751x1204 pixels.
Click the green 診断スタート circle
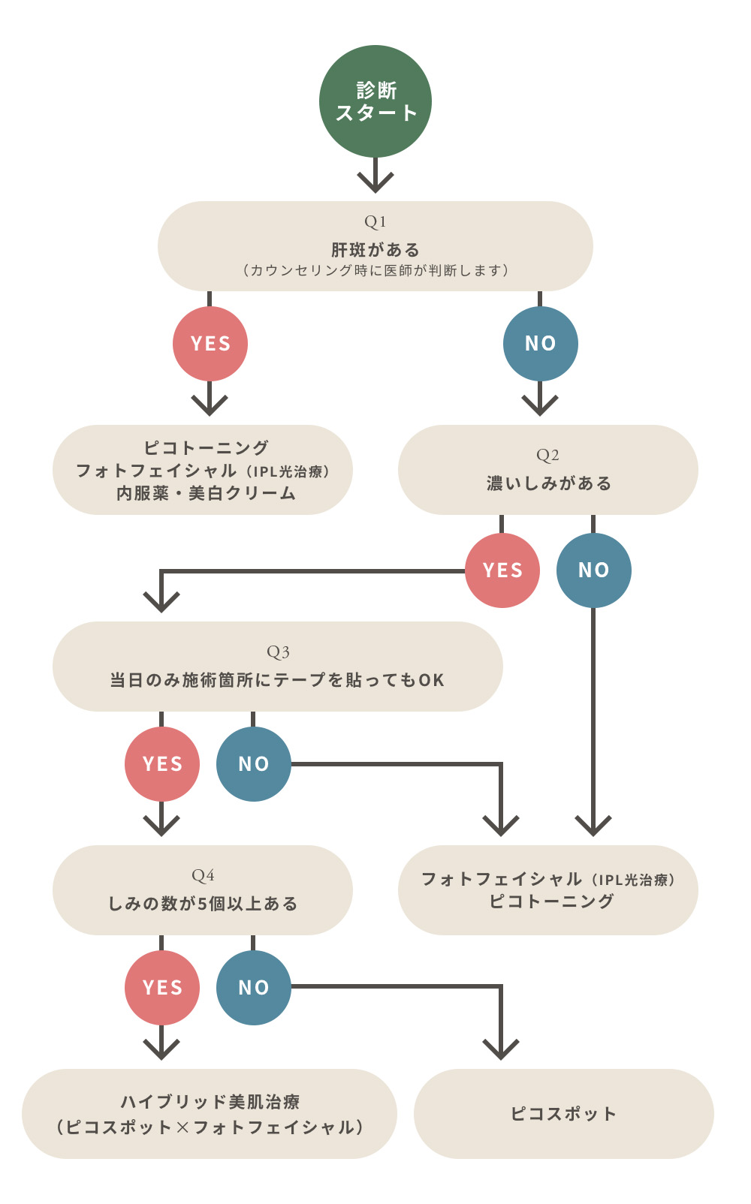375,101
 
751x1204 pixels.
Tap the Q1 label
375,221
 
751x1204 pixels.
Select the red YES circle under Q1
210,344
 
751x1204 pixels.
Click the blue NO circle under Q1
540,344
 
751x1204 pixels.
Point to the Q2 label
547,455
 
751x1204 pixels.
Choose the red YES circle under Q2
502,570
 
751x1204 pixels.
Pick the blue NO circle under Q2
593,570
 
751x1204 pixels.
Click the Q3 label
278,652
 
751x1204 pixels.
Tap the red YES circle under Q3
162,764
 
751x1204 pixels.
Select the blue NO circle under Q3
254,764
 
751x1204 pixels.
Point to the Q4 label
203,875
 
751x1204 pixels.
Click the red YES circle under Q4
162,988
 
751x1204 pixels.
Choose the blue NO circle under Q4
254,988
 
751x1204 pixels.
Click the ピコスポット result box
563,1114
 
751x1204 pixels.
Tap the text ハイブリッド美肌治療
210,1102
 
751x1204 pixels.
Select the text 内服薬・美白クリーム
206,493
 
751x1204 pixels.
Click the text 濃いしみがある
548,483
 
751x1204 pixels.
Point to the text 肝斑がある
375,249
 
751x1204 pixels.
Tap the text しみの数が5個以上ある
203,904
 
